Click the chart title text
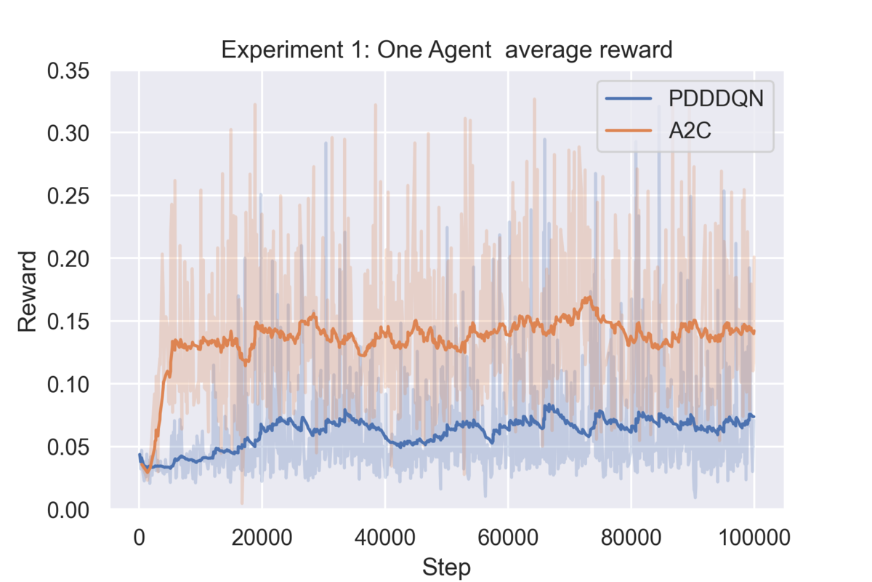(x=446, y=50)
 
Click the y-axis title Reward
(x=28, y=291)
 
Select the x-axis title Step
(x=446, y=567)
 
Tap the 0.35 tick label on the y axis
(x=68, y=71)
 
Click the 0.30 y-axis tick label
(x=68, y=134)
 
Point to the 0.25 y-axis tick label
(x=68, y=196)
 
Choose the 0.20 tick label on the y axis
(x=68, y=259)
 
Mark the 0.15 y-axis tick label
(x=68, y=322)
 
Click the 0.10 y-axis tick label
(x=68, y=384)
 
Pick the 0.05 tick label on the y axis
(x=68, y=447)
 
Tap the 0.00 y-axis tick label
(x=68, y=509)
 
